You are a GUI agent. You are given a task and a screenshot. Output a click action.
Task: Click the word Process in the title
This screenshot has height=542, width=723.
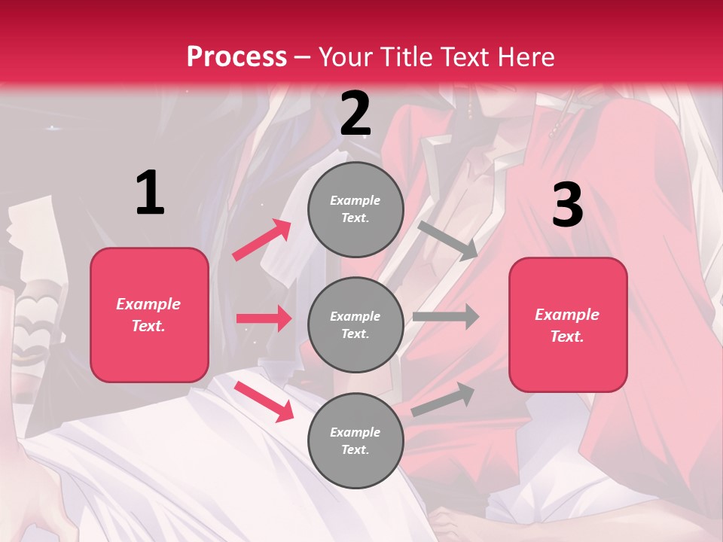point(236,57)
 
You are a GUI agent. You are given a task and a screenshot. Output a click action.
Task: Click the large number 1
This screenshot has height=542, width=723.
point(150,193)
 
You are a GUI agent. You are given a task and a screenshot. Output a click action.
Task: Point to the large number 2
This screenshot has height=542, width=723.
point(355,114)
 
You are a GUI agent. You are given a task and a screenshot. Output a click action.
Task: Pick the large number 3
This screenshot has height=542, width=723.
point(567,206)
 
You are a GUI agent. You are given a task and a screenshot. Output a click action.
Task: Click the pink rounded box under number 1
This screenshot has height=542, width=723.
point(149,315)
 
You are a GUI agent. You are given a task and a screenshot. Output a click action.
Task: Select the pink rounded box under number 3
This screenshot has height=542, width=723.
point(568,324)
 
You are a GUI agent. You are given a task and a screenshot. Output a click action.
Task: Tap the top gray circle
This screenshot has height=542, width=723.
point(355,209)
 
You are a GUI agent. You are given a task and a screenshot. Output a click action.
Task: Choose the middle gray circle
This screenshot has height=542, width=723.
point(355,324)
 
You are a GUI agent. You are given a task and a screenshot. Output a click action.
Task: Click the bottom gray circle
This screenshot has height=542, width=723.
point(355,440)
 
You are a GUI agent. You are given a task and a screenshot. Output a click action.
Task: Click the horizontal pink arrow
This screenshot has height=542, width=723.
point(264,318)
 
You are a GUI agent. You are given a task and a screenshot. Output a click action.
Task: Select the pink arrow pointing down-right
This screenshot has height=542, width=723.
point(264,401)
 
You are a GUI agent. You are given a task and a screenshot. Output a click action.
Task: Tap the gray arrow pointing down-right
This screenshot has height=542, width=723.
point(448,240)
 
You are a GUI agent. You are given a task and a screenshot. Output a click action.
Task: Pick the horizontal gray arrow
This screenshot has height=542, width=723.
point(446,316)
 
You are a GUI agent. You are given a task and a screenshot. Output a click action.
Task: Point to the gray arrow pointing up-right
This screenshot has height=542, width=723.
point(444,399)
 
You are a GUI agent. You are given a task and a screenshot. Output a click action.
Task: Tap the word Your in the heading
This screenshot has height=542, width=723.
point(346,57)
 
